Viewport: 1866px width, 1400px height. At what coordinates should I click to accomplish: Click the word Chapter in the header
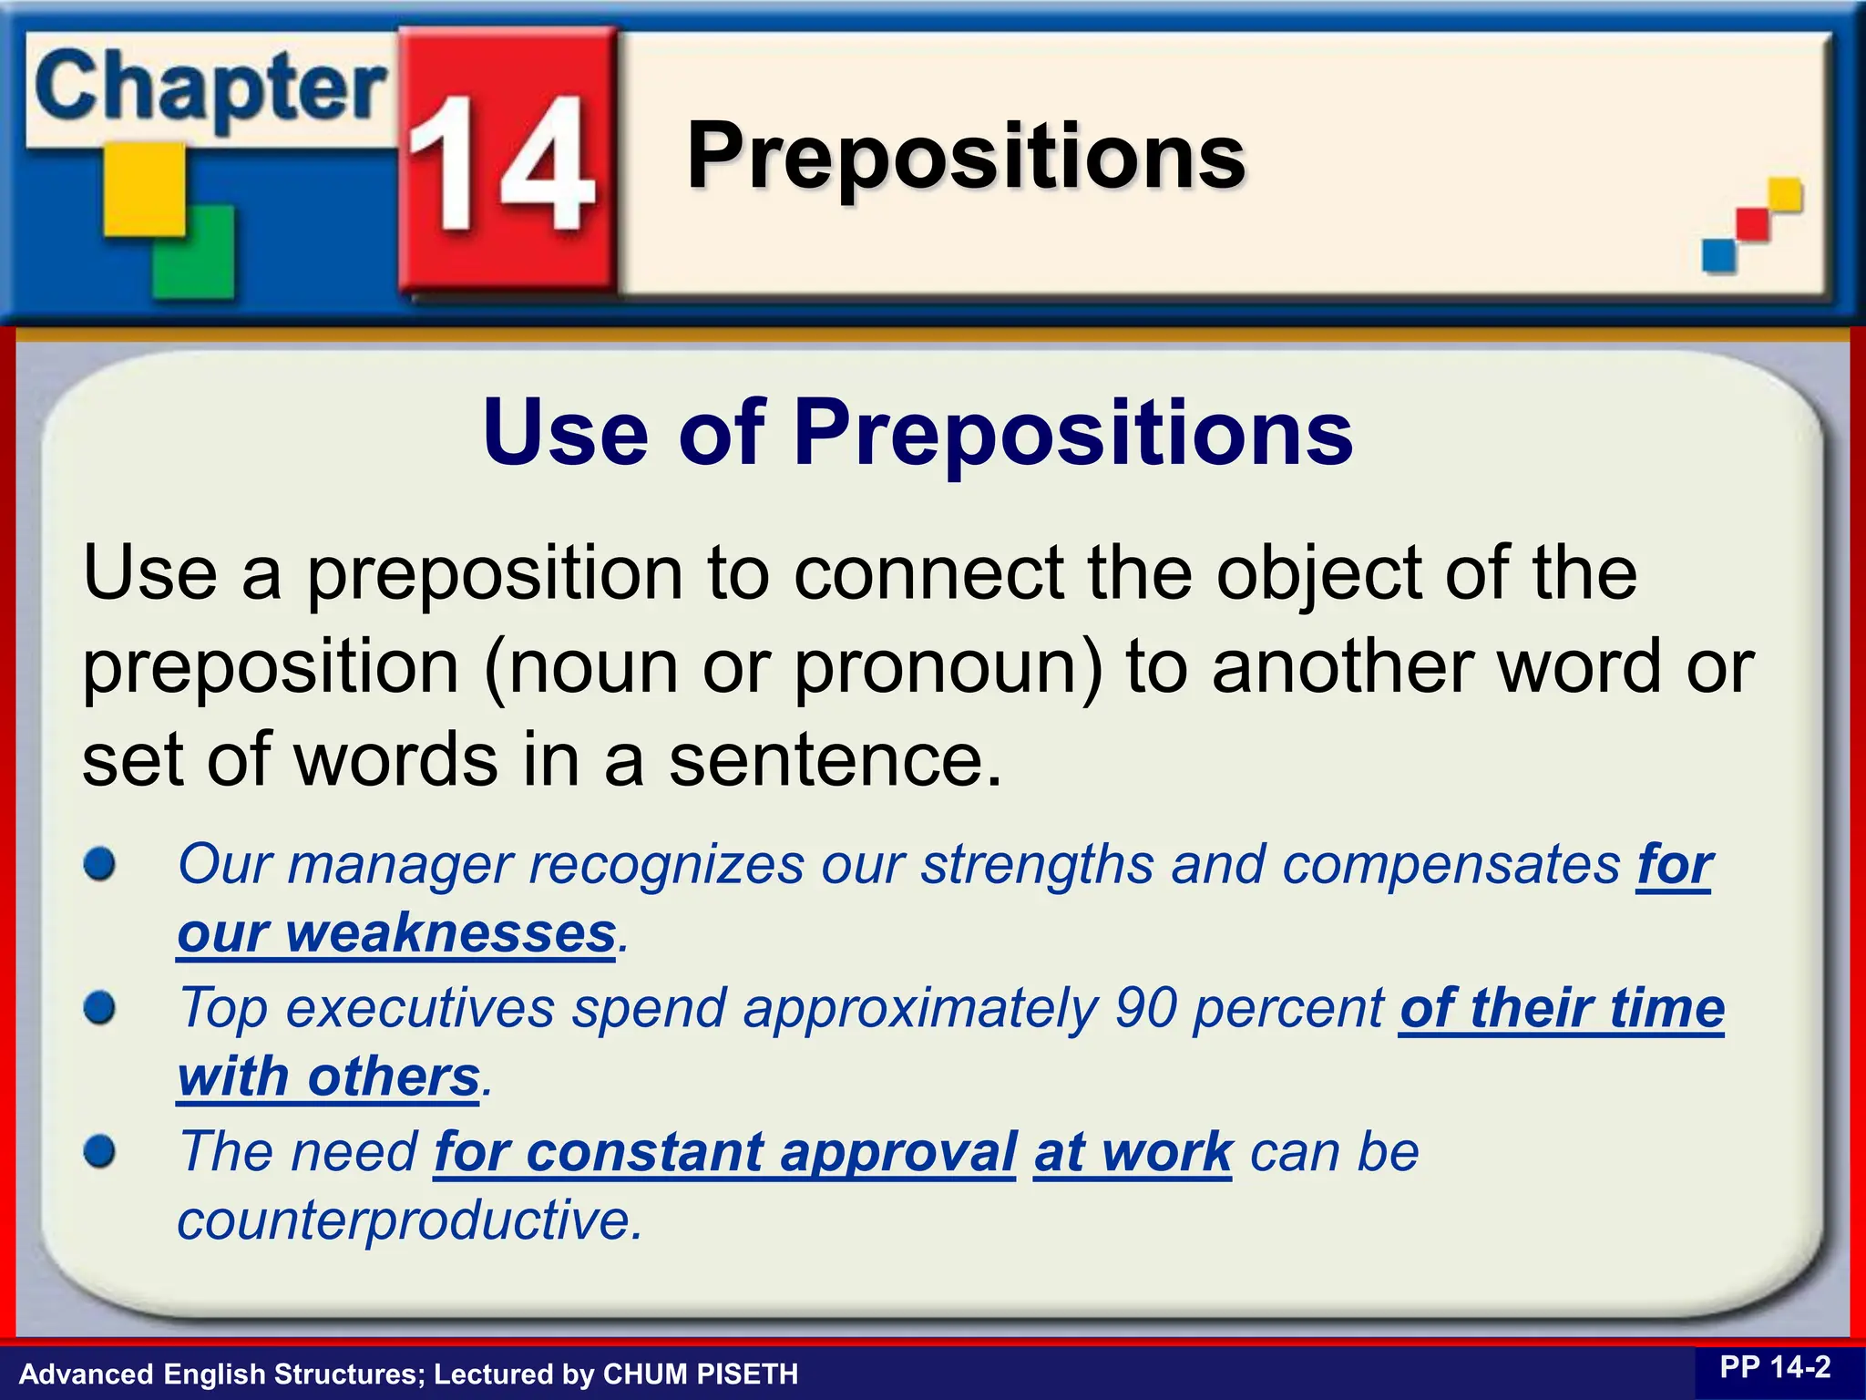(x=210, y=89)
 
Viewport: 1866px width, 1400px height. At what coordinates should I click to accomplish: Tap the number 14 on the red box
(x=501, y=164)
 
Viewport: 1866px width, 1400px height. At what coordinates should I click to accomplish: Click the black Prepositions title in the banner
(x=966, y=157)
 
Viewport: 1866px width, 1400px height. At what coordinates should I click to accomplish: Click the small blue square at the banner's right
(x=1718, y=255)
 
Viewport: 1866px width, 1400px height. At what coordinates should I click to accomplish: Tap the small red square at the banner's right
(x=1751, y=225)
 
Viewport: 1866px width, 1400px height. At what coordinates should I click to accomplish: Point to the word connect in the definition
(x=929, y=574)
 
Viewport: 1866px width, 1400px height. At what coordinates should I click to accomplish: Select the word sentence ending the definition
(x=834, y=762)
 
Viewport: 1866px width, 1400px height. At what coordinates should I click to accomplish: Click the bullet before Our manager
(x=99, y=864)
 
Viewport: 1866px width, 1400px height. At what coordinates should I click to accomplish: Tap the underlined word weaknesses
(x=451, y=934)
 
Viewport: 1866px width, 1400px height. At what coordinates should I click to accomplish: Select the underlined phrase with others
(x=328, y=1078)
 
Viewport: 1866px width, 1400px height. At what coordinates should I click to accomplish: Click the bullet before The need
(x=99, y=1151)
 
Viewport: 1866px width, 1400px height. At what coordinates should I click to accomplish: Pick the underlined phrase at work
(x=1132, y=1152)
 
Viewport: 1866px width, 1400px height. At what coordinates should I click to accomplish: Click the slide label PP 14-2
(x=1774, y=1368)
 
